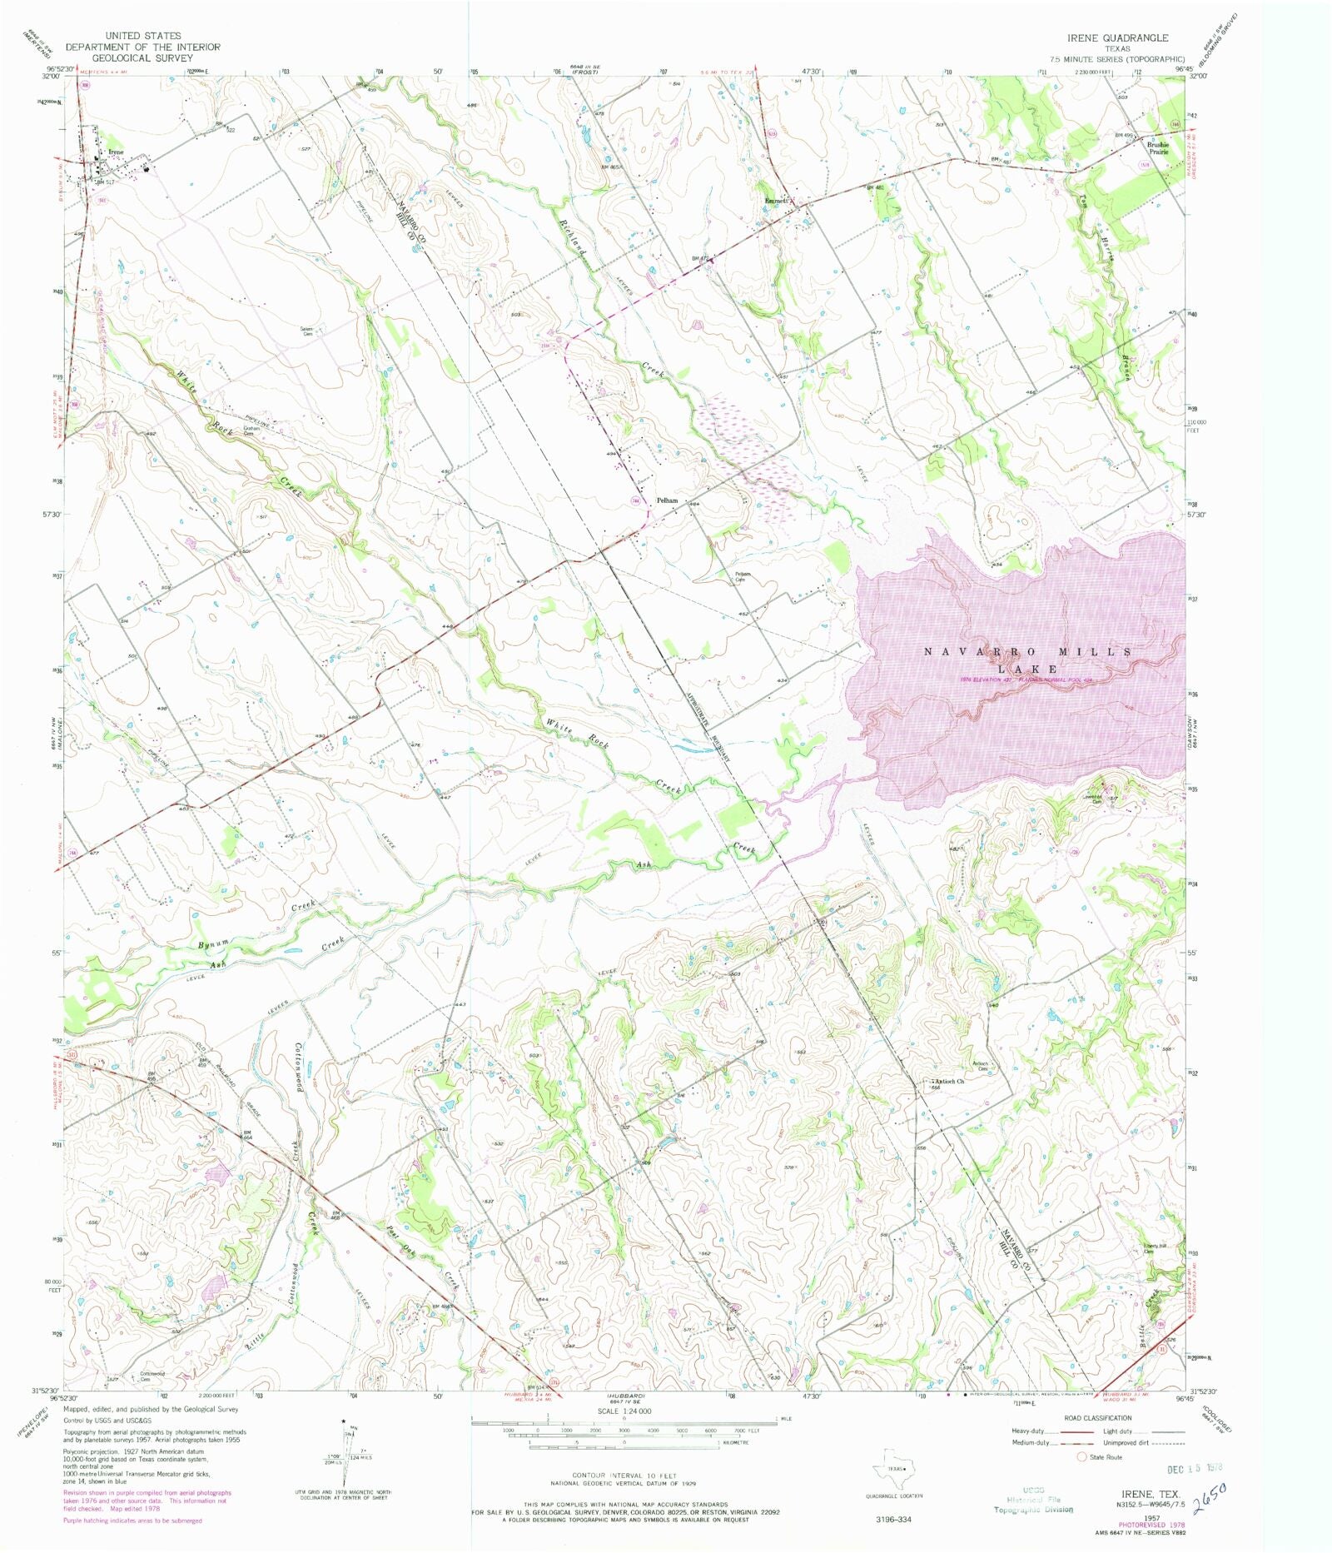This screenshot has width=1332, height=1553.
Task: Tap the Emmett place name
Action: [x=778, y=202]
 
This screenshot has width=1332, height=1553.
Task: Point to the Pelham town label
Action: [x=667, y=500]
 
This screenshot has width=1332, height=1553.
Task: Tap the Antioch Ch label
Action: [x=948, y=1082]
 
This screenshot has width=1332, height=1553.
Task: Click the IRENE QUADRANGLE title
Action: [x=1118, y=38]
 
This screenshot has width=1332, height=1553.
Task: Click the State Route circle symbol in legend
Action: [x=1082, y=1457]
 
